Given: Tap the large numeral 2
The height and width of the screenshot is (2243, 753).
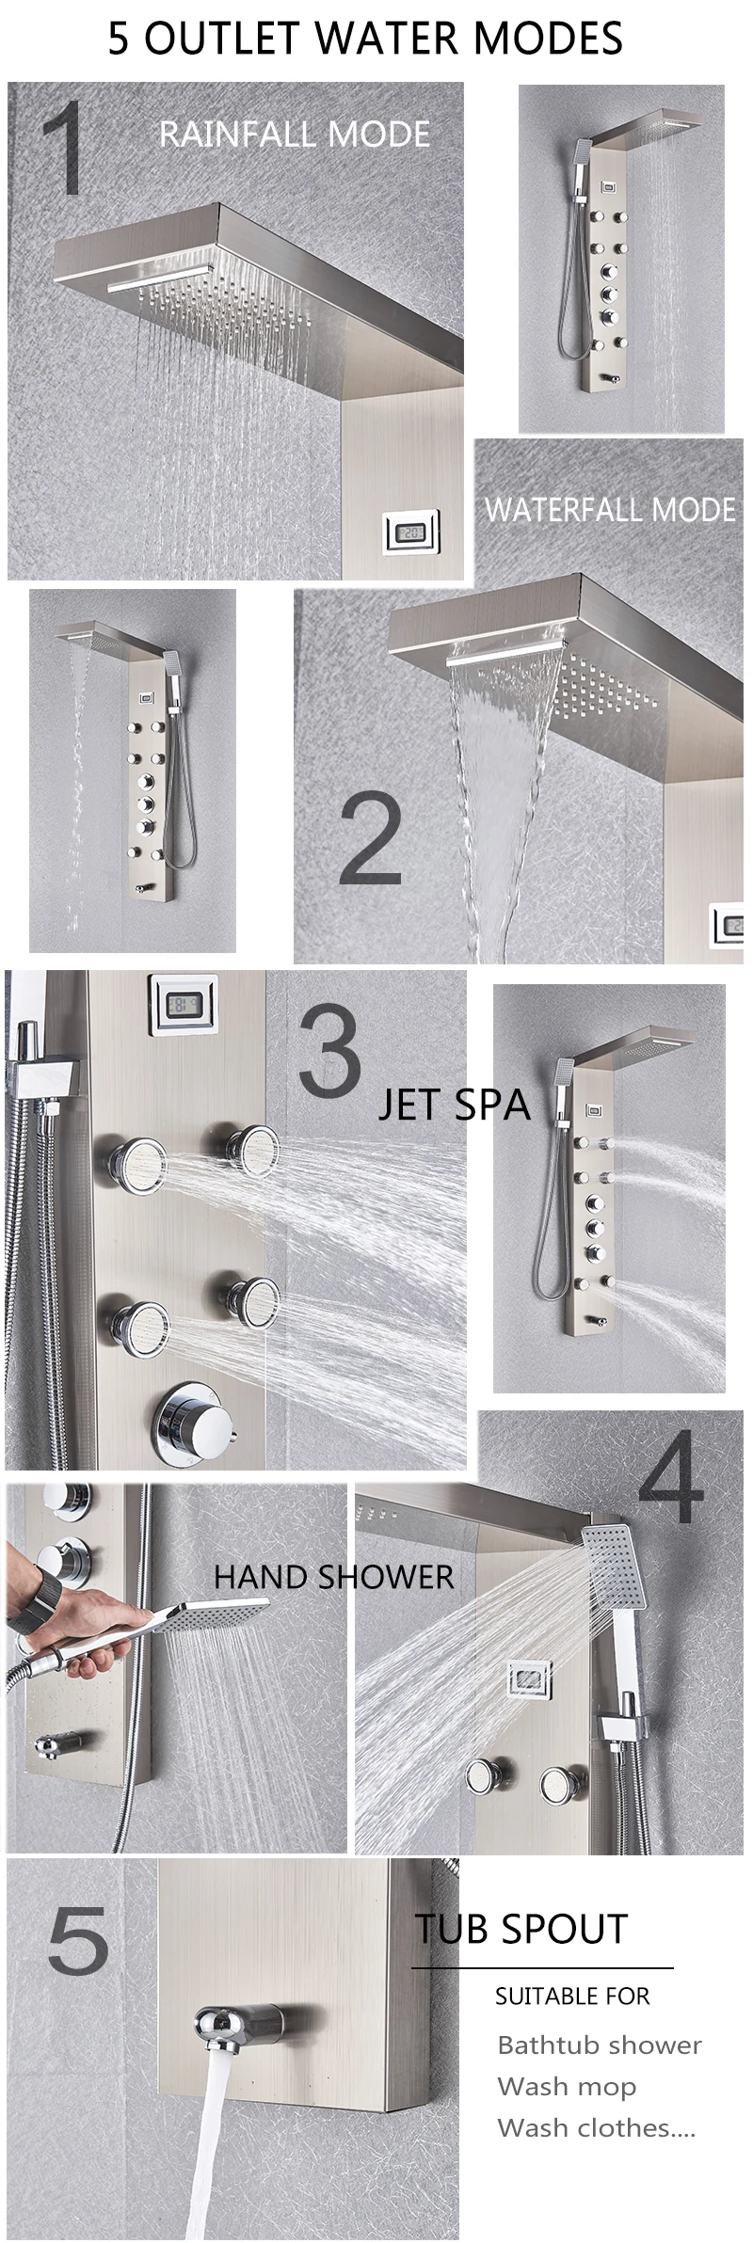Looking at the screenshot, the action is (x=371, y=837).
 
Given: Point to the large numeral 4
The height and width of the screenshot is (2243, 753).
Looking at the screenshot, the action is (x=670, y=1477).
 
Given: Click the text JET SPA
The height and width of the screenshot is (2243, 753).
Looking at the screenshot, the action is (x=455, y=1105).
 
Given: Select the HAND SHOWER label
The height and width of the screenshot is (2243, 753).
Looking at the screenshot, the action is (x=333, y=1577).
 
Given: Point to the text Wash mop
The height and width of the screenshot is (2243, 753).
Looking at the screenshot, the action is (x=567, y=2087).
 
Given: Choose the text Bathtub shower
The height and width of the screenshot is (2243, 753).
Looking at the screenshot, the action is (x=600, y=2044).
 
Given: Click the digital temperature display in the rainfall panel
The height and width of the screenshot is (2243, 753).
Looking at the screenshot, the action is (x=411, y=533).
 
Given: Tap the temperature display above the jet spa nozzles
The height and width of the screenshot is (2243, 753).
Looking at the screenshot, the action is (x=184, y=1006).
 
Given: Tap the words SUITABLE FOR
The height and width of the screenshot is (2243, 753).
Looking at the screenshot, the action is (x=572, y=1996).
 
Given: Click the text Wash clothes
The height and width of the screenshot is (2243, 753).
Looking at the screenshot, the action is (x=596, y=2127).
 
